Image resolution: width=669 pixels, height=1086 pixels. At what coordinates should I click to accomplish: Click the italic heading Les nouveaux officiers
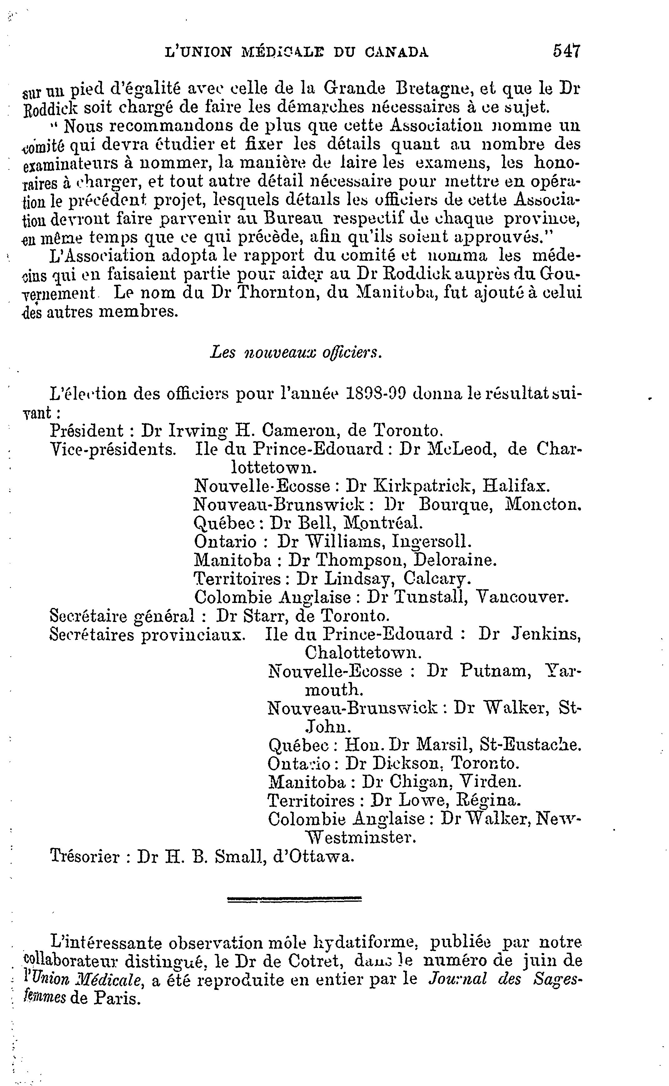point(295,353)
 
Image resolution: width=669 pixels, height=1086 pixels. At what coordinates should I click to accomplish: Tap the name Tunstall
point(430,598)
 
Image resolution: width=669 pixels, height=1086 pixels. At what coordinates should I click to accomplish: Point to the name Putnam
point(495,672)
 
